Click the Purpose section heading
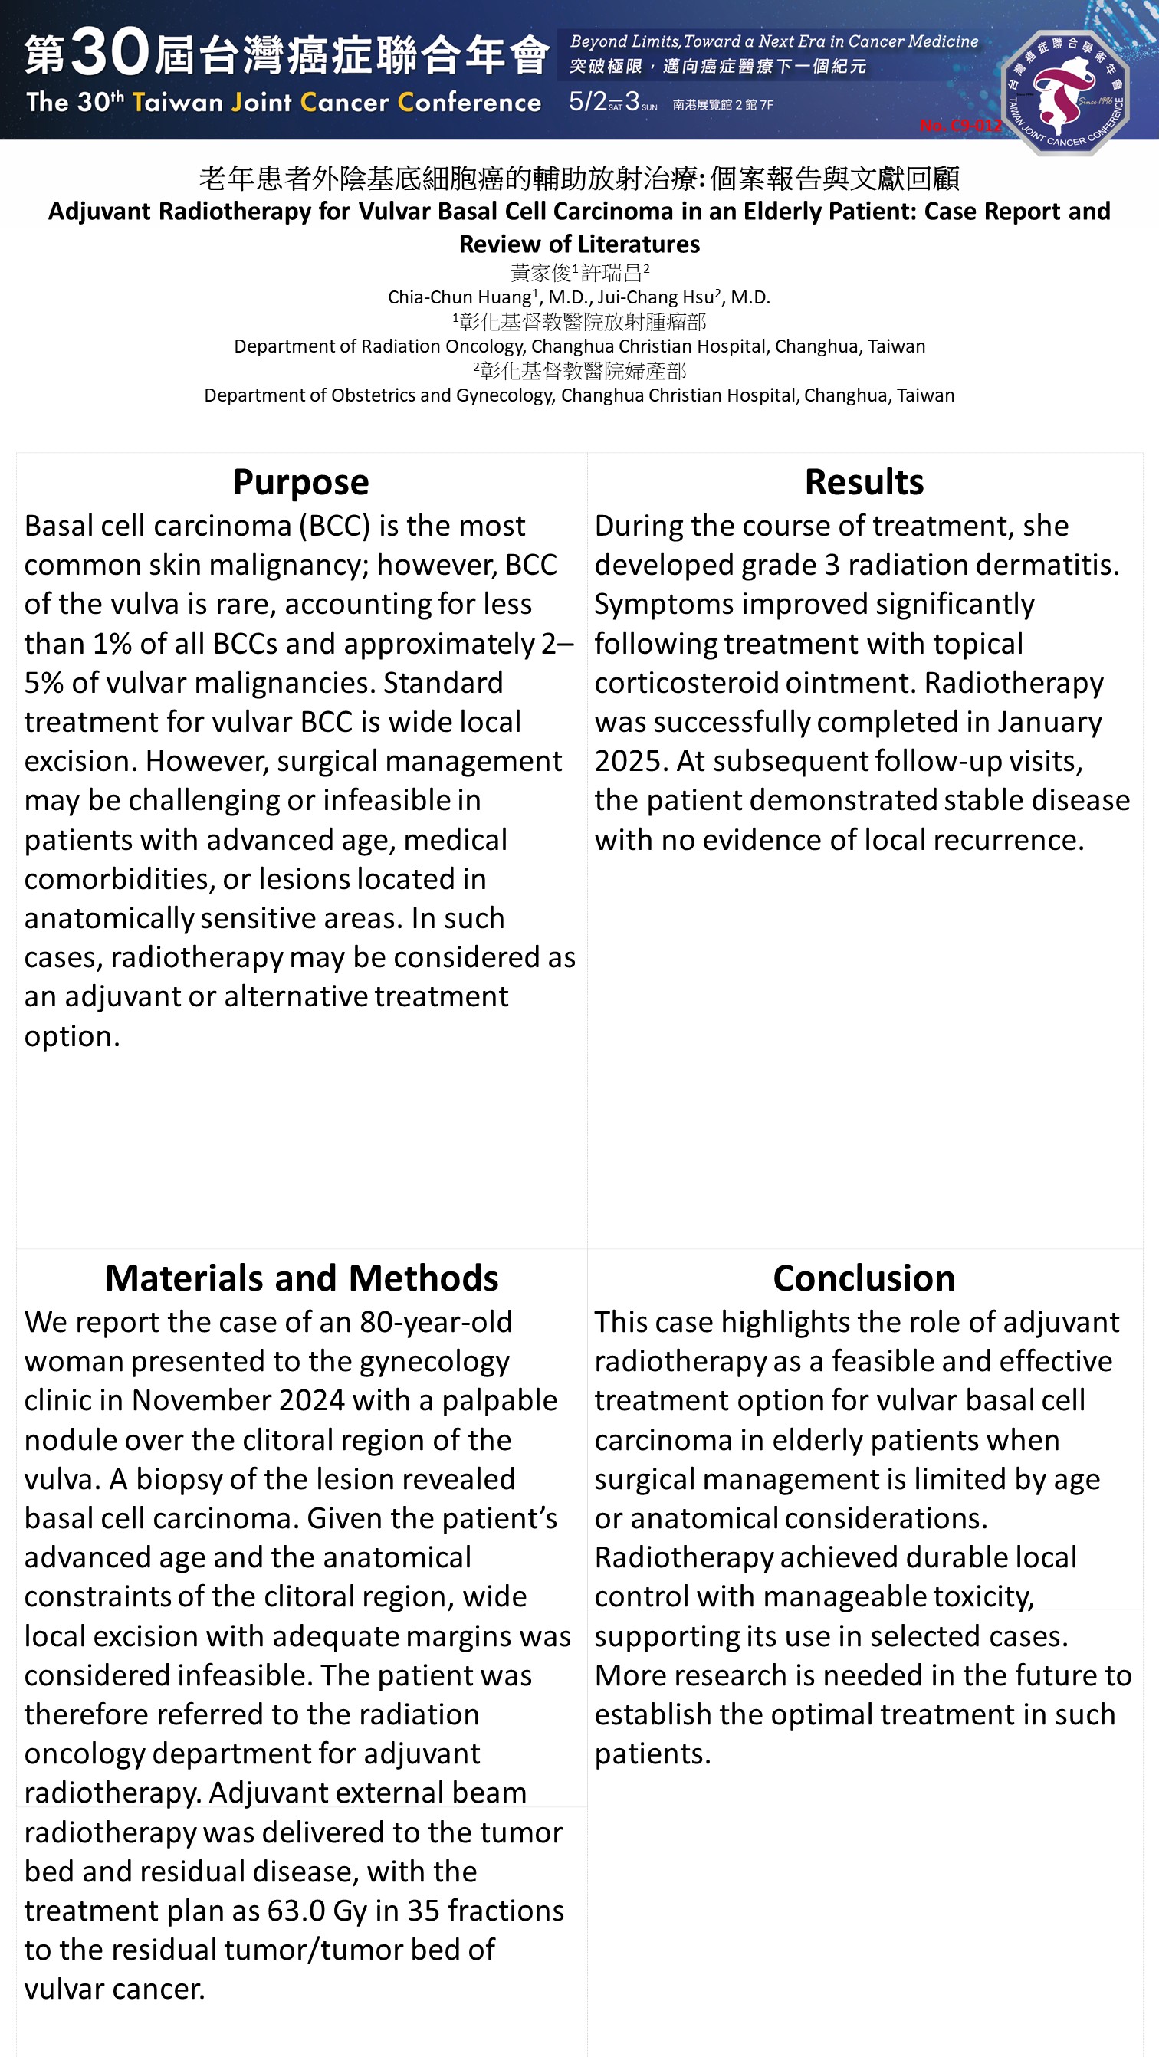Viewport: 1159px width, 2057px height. [300, 482]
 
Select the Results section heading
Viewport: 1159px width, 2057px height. [863, 482]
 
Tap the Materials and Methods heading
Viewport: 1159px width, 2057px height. [301, 1278]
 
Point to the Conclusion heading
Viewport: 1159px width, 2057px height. [863, 1278]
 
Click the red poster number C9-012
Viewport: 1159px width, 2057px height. [960, 126]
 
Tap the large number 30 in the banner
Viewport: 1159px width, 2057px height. [110, 53]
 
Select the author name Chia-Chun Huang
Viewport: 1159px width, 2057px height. [458, 298]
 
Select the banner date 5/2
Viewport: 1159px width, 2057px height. [587, 102]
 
